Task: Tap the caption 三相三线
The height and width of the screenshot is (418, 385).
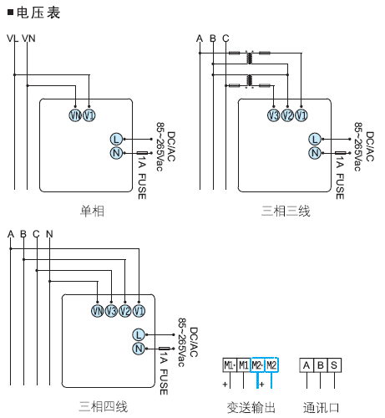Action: [x=286, y=212]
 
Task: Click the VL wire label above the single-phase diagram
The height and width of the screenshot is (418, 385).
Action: [x=12, y=38]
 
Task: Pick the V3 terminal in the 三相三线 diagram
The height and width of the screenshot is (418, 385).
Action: [x=273, y=115]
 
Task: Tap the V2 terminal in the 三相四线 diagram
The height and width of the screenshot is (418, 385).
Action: [x=124, y=311]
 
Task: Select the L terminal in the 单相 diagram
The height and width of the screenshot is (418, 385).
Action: [x=116, y=139]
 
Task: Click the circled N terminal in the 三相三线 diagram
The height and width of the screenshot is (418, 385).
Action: [x=314, y=153]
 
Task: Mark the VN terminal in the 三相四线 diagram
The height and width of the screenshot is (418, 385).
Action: [x=98, y=311]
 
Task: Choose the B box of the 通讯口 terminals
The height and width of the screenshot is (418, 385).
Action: [x=321, y=365]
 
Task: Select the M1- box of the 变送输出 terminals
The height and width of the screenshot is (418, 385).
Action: [x=229, y=365]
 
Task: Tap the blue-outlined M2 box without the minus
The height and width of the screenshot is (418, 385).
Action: [x=271, y=365]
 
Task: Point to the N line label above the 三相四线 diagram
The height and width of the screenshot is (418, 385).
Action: [x=49, y=232]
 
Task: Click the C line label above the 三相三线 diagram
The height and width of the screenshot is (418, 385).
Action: [x=225, y=38]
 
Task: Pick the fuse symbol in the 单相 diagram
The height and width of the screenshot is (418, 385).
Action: [x=143, y=153]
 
